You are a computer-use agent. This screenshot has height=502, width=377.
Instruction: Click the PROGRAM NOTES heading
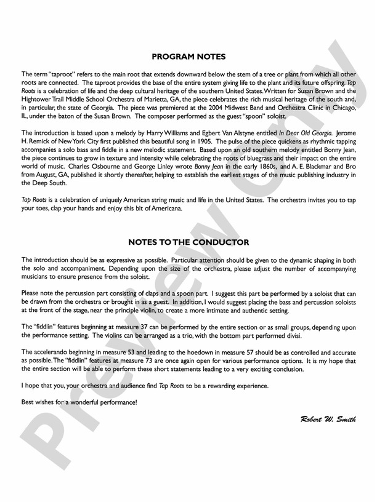pos(188,57)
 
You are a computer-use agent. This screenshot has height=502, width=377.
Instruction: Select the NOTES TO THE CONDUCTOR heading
pos(188,242)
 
